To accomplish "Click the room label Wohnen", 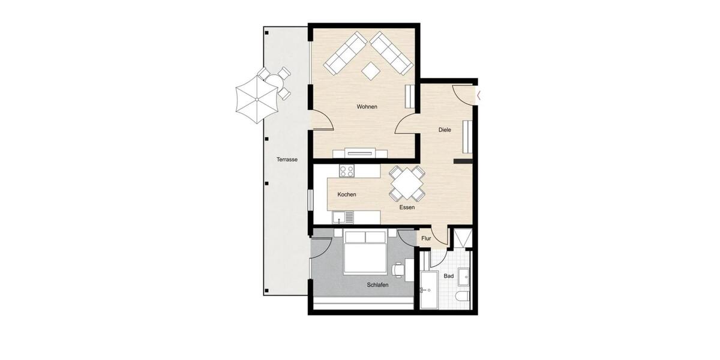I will (367, 107).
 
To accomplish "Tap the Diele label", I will (445, 130).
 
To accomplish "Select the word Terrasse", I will (287, 160).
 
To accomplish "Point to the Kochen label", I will (347, 194).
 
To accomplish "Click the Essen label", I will (407, 208).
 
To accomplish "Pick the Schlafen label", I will (377, 285).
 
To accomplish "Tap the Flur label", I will (427, 238).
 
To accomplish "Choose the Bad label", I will (448, 277).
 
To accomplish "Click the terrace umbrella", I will (256, 100).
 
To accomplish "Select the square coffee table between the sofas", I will (371, 70).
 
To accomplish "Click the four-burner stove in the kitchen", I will (347, 171).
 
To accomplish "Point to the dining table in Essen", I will (407, 183).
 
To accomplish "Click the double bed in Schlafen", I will (364, 253).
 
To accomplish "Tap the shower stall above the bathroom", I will (462, 239).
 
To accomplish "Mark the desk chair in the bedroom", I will (398, 268).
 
